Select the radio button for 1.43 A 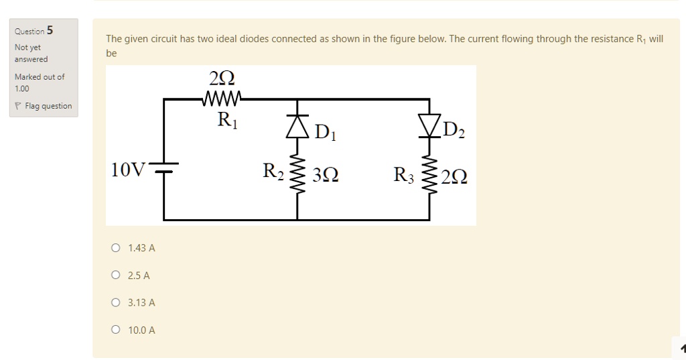[x=116, y=248]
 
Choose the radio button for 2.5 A [x=116, y=276]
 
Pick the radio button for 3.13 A [x=116, y=303]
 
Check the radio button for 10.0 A [x=116, y=330]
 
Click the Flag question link [x=48, y=106]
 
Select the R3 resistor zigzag [x=429, y=177]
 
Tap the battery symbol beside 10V [x=164, y=168]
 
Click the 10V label [x=128, y=170]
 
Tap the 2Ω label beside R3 [x=454, y=177]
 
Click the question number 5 [x=50, y=30]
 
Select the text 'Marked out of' [x=40, y=76]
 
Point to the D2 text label [x=454, y=129]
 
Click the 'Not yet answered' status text [x=31, y=53]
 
